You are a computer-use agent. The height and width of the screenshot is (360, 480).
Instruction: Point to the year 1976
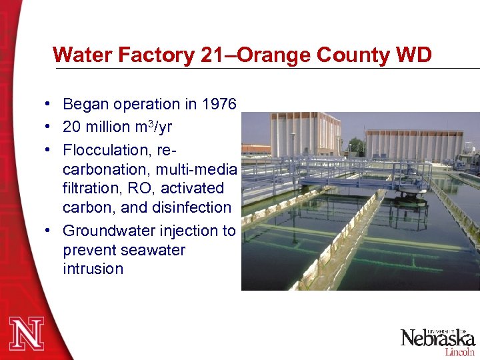(x=218, y=105)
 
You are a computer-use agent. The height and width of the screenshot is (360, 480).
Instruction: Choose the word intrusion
(x=93, y=269)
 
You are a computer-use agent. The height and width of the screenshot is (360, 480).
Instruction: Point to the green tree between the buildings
(x=358, y=147)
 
